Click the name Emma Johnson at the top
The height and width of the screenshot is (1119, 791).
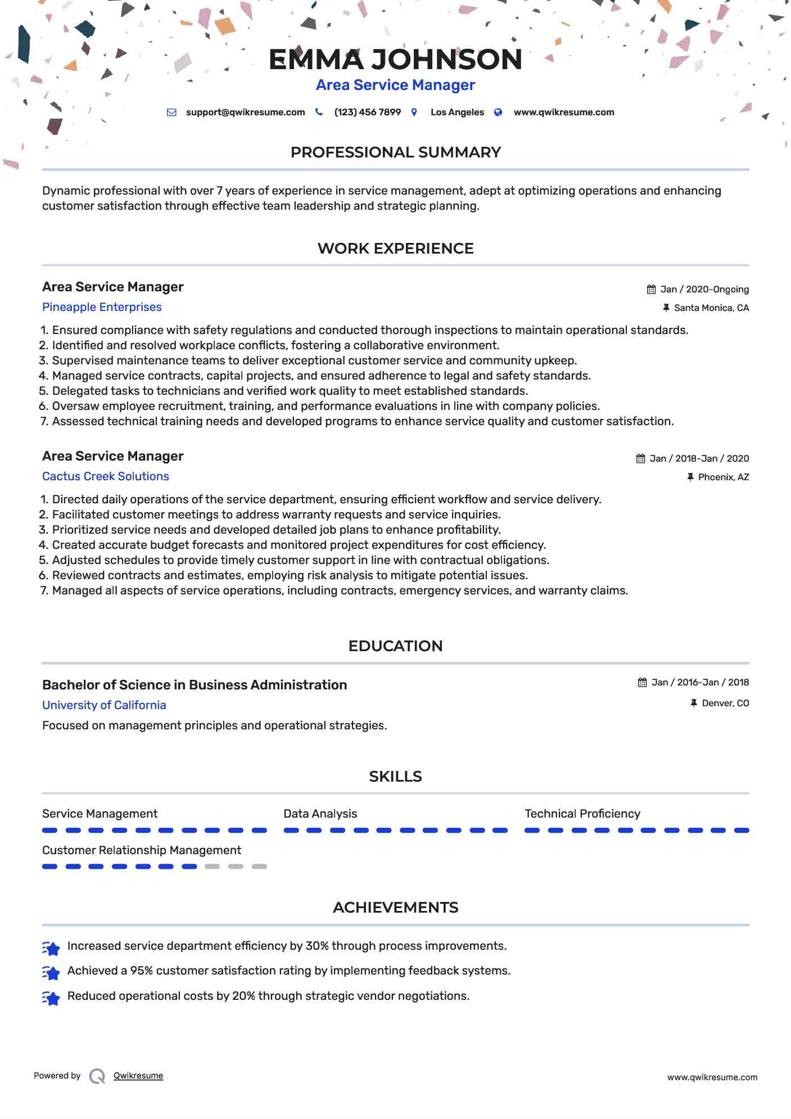395,60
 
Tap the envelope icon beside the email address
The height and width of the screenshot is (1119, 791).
171,112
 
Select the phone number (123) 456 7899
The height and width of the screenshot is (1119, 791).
367,112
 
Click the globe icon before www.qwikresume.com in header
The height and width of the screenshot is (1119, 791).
498,112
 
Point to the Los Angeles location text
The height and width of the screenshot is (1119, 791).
457,112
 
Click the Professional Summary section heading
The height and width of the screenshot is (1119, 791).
395,152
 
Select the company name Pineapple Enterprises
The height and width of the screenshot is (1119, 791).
102,307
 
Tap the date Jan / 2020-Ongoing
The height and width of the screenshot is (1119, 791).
704,290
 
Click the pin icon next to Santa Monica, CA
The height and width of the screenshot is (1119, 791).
666,308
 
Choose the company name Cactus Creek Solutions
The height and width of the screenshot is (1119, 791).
106,476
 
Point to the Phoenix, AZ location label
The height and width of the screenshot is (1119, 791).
723,477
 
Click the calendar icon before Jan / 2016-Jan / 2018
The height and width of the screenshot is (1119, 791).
642,683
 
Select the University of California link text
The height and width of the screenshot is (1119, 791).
104,705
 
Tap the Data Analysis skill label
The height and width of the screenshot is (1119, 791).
320,814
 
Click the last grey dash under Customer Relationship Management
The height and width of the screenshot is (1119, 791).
259,867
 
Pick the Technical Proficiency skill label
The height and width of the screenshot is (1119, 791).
582,814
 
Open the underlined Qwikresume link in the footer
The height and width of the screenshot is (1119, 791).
138,1076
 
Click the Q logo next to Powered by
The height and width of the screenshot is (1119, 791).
97,1076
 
